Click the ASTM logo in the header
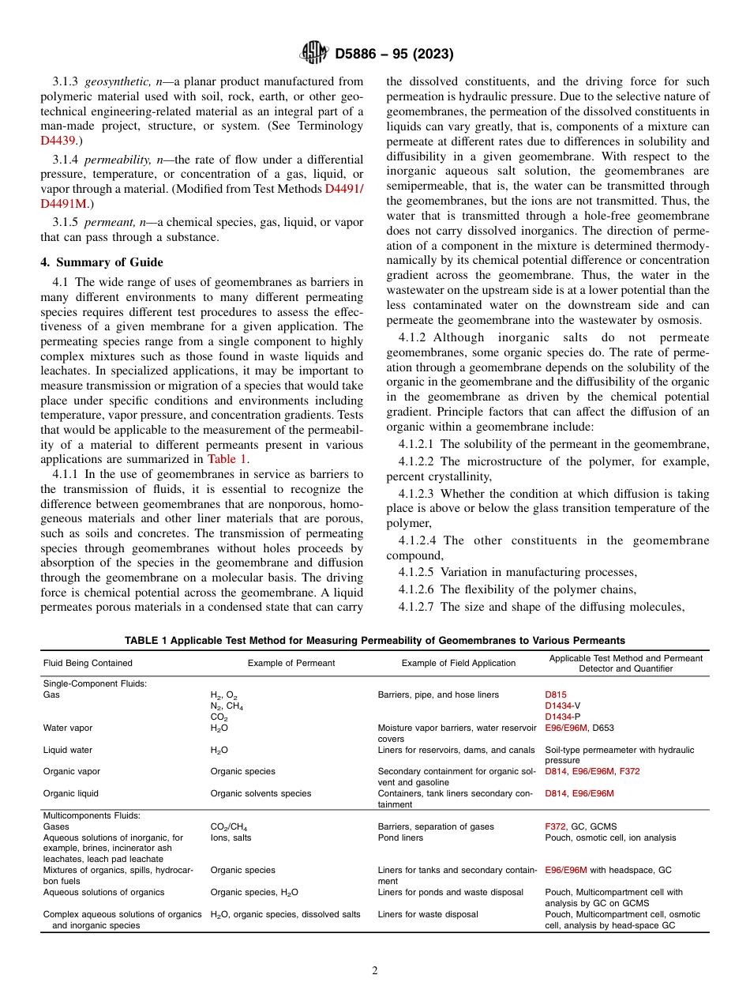tap(315, 54)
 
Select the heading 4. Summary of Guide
tap(102, 262)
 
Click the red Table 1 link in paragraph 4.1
tap(227, 458)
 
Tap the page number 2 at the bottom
tap(375, 971)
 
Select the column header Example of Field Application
tap(458, 663)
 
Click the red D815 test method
tap(556, 695)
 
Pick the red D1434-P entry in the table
tap(563, 717)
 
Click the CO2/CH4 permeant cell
tap(229, 826)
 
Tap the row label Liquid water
tap(68, 750)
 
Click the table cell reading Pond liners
tap(400, 837)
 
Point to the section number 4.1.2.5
tap(416, 572)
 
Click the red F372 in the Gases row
tap(555, 826)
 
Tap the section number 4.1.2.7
tap(416, 607)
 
